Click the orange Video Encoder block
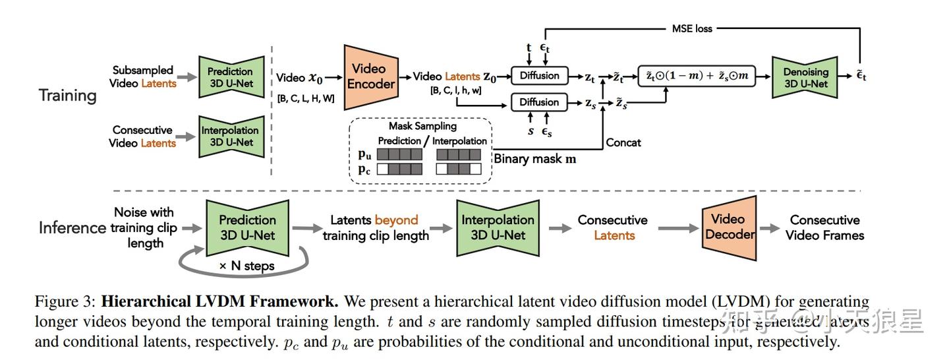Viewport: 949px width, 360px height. (x=371, y=76)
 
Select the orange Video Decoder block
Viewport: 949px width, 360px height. (x=728, y=227)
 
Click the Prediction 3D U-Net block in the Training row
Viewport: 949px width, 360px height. (x=229, y=77)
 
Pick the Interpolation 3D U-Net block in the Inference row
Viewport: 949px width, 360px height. (x=498, y=227)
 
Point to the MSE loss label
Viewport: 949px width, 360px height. (x=692, y=28)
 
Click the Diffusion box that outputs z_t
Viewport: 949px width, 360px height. (x=539, y=75)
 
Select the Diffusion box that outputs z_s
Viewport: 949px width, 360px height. (x=539, y=102)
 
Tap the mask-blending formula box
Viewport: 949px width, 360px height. (x=697, y=75)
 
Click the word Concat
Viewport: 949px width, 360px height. (x=623, y=142)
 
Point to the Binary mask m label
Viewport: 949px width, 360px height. (x=535, y=158)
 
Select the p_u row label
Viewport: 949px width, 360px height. (x=364, y=154)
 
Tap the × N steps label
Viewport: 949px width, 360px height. (x=247, y=266)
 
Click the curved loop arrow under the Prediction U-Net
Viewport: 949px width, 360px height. (x=191, y=264)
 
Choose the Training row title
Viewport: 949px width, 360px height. (x=67, y=96)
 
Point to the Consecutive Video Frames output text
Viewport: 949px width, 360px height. (x=824, y=227)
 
